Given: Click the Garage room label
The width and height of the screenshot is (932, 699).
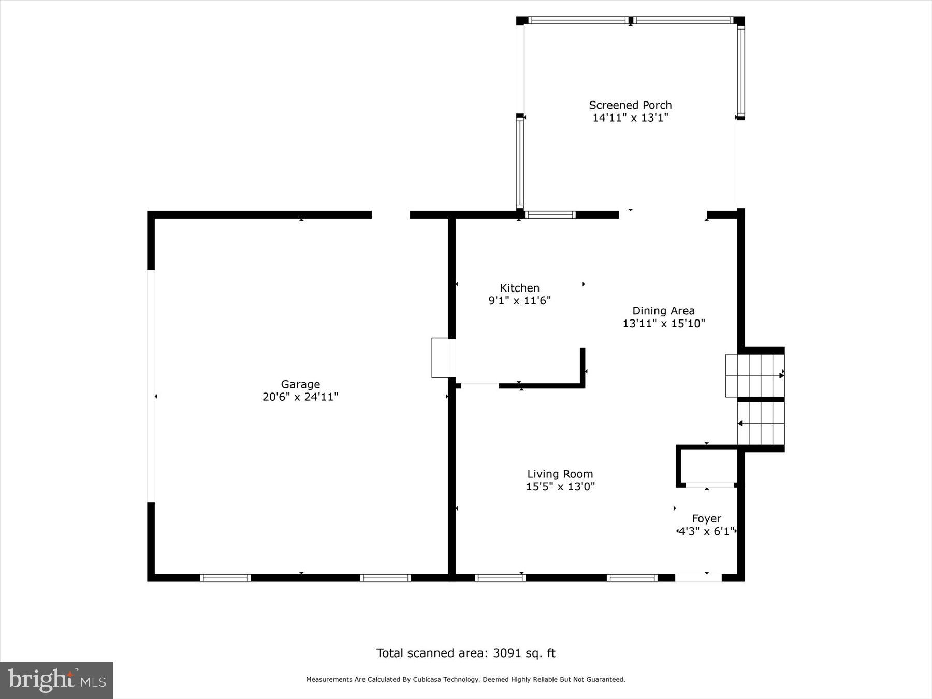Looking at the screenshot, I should (300, 384).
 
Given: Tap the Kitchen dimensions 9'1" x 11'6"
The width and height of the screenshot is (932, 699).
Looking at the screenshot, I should (519, 300).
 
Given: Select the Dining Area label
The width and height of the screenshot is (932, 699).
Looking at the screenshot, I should (663, 311).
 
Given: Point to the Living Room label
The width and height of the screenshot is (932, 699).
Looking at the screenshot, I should (560, 474).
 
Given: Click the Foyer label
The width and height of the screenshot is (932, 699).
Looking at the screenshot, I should (706, 518).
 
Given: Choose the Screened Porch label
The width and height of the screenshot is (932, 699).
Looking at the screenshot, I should (630, 105).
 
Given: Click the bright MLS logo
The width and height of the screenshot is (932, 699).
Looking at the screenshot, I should (56, 680).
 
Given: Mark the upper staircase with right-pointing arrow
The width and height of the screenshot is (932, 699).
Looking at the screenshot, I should (754, 375).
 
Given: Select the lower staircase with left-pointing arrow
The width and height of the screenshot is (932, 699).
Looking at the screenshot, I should (760, 424).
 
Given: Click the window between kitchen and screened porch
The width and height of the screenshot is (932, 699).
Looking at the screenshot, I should (550, 215).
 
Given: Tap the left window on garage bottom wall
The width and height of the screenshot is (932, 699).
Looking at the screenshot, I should (225, 578).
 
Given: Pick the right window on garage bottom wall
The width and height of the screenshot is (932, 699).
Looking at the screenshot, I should (385, 578).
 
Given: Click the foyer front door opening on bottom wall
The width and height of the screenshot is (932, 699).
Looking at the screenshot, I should (698, 578).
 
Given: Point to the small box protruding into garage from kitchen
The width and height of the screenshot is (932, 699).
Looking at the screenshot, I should (441, 358).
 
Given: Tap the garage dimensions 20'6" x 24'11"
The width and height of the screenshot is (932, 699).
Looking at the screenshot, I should (300, 397).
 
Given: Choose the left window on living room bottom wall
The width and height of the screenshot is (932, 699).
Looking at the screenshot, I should (500, 578).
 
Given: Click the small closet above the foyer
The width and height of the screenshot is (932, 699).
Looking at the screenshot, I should (708, 466).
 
